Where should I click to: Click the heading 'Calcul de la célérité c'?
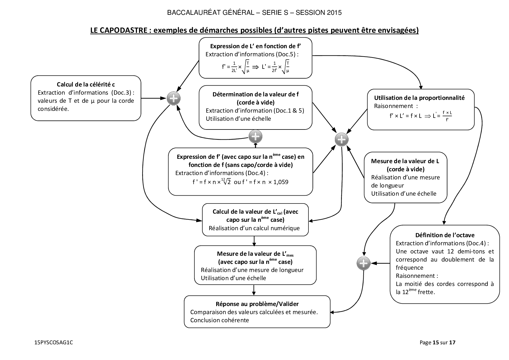pyautogui.click(x=86, y=84)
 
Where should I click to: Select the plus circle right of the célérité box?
pyautogui.click(x=174, y=99)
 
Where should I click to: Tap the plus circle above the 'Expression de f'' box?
pyautogui.click(x=255, y=136)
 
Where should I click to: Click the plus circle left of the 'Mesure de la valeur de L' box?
pyautogui.click(x=342, y=140)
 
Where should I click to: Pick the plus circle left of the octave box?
pyautogui.click(x=363, y=263)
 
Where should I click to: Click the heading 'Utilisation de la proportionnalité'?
pyautogui.click(x=419, y=98)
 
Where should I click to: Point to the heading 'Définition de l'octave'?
pyautogui.click(x=445, y=235)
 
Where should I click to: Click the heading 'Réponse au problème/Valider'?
pyautogui.click(x=257, y=304)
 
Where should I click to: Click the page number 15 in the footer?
pyautogui.click(x=435, y=343)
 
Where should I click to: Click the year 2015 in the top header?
pyautogui.click(x=334, y=13)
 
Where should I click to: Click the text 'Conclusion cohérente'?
pyautogui.click(x=220, y=320)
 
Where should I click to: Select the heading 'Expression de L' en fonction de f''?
pyautogui.click(x=255, y=46)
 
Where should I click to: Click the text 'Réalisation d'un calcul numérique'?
pyautogui.click(x=254, y=228)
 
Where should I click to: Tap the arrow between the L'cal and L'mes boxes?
pyautogui.click(x=254, y=241)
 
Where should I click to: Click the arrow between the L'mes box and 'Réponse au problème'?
pyautogui.click(x=254, y=290)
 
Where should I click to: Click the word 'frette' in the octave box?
pyautogui.click(x=426, y=292)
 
